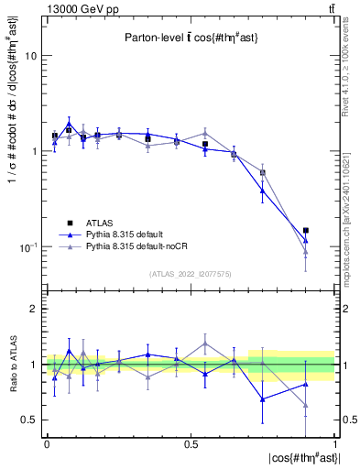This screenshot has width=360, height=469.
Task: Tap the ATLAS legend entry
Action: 104,224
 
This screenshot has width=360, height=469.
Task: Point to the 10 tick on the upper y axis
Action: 29,56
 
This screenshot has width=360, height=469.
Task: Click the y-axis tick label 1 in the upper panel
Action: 32,151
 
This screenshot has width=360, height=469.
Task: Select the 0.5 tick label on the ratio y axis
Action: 27,420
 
